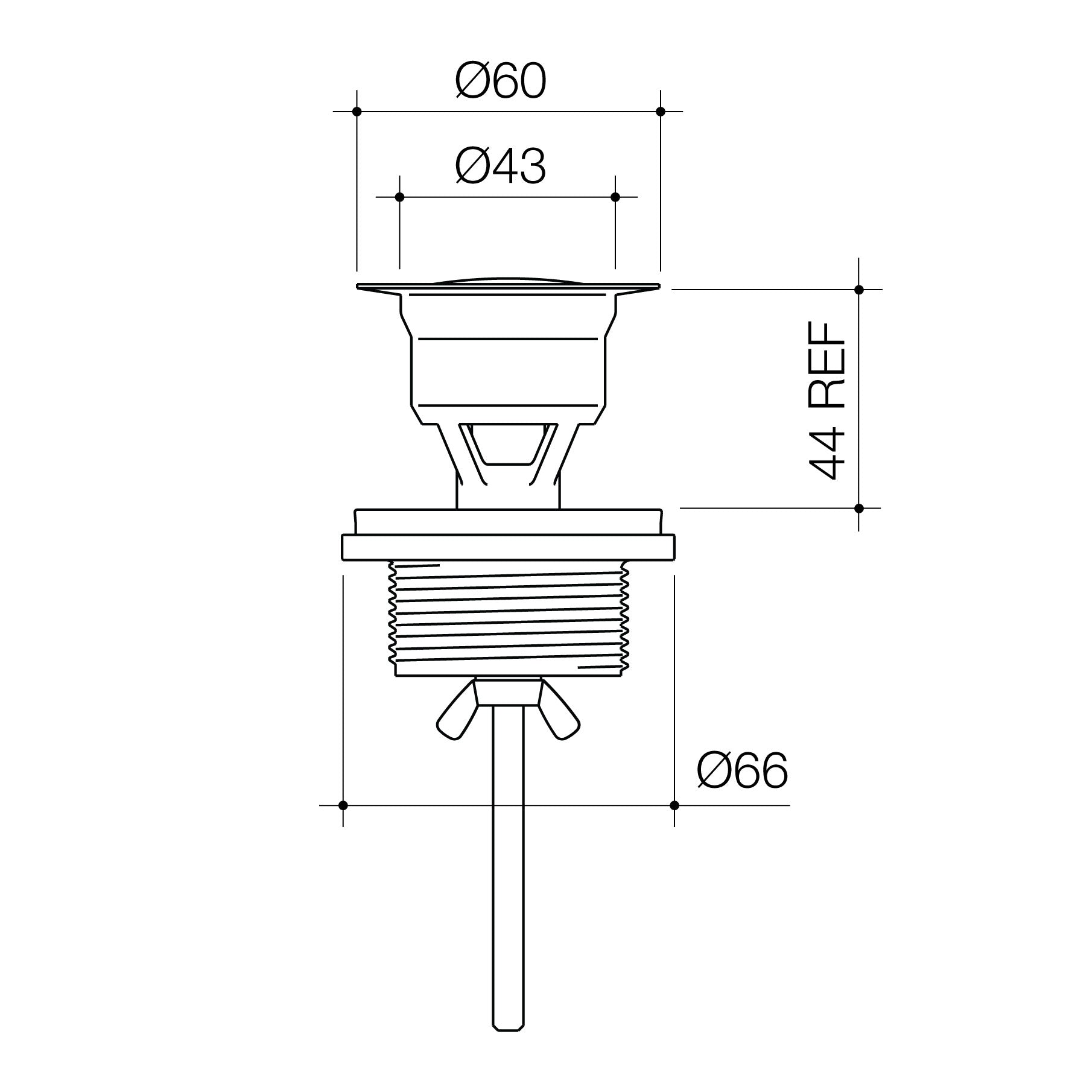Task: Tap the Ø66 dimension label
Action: click(x=742, y=771)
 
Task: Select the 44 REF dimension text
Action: click(x=828, y=401)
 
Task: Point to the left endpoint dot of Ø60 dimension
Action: click(x=357, y=112)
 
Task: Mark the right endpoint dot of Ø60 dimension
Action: click(x=661, y=112)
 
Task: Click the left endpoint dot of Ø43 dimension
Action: click(x=399, y=197)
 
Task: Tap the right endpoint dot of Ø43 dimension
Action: click(x=615, y=197)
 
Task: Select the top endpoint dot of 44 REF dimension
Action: click(x=859, y=290)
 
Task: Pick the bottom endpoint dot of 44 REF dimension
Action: click(x=859, y=508)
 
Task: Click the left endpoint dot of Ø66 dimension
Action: click(x=343, y=805)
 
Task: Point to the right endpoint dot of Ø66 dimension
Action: click(x=674, y=805)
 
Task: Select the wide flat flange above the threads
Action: click(x=508, y=547)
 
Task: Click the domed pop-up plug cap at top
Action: click(x=508, y=282)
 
